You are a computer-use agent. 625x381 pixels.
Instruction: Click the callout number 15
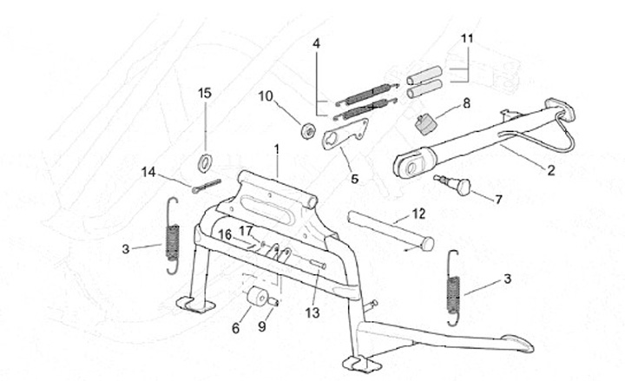point(205,93)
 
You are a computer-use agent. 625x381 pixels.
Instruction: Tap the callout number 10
point(266,96)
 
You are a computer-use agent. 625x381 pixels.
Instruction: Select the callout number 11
point(467,39)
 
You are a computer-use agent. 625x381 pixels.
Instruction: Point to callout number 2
point(551,171)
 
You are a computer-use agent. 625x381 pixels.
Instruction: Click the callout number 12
point(418,214)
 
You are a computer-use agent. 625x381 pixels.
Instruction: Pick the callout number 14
point(148,173)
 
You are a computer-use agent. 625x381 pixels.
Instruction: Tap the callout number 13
point(312,312)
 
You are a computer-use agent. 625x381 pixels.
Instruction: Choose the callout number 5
point(355,179)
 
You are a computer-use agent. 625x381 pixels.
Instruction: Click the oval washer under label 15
point(205,162)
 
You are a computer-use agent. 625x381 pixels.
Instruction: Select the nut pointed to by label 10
point(308,131)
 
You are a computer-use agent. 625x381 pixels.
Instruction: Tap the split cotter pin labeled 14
point(206,187)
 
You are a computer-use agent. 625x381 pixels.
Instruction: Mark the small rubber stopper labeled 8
point(425,123)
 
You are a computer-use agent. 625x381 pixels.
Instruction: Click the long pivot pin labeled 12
point(391,230)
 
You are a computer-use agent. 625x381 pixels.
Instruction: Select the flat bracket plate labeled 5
point(344,133)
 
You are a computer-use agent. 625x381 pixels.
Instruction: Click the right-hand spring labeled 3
point(453,288)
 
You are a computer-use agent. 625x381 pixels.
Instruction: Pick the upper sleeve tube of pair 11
point(424,76)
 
